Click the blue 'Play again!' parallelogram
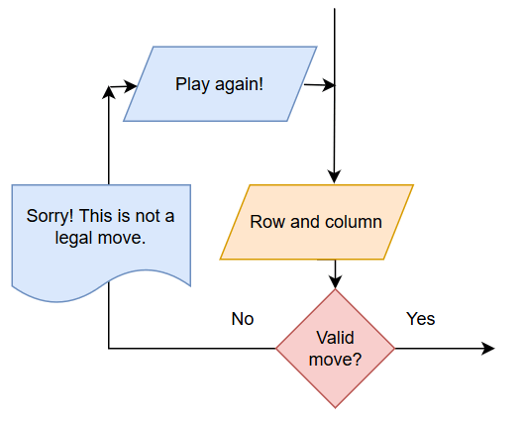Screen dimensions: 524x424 (220, 84)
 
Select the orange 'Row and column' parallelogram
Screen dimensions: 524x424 (317, 222)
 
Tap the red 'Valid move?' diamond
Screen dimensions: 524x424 (335, 349)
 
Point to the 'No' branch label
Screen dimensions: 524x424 (243, 319)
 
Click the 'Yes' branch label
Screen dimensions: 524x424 (420, 319)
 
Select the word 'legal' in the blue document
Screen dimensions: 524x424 (73, 238)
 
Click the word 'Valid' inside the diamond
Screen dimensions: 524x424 (335, 338)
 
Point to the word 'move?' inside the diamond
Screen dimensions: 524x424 (335, 360)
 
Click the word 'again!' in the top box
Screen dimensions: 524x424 (240, 84)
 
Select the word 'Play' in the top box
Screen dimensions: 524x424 (193, 84)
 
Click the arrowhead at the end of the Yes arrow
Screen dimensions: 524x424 (488, 349)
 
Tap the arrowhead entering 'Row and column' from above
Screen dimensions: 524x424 (334, 176)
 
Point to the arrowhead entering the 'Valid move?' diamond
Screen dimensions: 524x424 (335, 281)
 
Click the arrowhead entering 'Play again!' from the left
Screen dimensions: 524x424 (130, 86)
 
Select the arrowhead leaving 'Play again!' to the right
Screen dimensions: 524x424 (328, 85)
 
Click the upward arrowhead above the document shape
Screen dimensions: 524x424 (109, 93)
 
